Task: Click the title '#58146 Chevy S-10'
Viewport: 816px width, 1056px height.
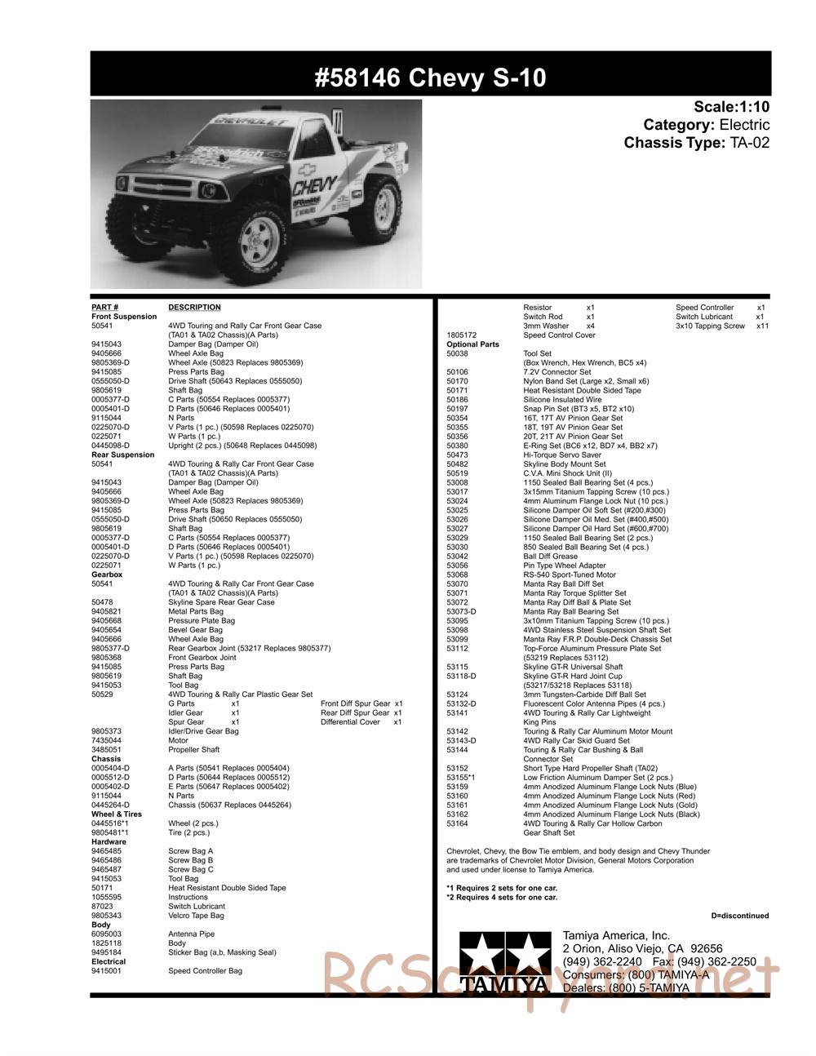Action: (430, 78)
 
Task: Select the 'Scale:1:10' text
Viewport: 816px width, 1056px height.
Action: (731, 107)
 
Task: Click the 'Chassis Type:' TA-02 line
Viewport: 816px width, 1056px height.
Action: (696, 143)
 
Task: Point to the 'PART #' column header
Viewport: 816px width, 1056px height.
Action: (105, 307)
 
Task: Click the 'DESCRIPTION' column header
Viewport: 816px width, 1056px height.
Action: (194, 307)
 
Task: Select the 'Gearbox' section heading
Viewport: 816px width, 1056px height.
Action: (107, 575)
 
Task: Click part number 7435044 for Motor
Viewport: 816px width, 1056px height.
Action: (106, 740)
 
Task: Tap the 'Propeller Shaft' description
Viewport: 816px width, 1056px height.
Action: (193, 749)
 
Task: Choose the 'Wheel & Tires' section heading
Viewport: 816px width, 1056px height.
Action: (117, 814)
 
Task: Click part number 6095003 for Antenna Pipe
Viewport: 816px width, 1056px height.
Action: (106, 934)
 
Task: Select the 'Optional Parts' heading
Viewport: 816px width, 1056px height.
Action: (472, 344)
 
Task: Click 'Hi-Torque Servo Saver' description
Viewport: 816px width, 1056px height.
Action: (562, 455)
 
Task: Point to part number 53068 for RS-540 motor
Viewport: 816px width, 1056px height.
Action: (457, 575)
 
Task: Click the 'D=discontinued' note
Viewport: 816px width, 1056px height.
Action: (739, 916)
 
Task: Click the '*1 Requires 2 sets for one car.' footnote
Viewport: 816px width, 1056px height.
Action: (502, 888)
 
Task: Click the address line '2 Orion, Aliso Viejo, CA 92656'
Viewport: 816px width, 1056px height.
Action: (642, 948)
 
